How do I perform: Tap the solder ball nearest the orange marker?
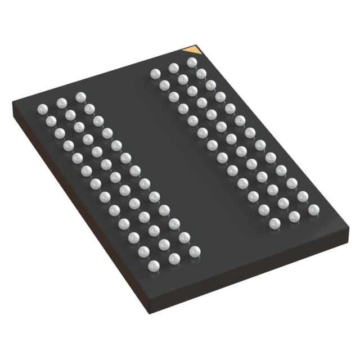click(191, 61)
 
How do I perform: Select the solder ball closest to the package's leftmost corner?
click(42, 108)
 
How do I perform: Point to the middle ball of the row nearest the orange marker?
click(173, 67)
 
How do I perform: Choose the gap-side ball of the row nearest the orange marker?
click(155, 74)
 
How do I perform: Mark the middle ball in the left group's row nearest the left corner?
click(61, 102)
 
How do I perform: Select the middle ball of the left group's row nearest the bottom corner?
click(174, 258)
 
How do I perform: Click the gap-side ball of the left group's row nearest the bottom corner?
click(194, 251)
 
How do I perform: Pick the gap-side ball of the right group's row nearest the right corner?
click(275, 224)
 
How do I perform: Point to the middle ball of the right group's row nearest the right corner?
click(294, 217)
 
